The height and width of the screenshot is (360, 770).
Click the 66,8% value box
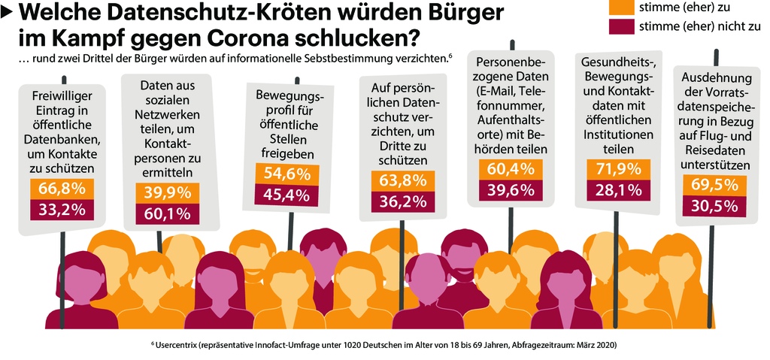(62, 188)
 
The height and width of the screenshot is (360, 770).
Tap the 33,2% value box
(62, 210)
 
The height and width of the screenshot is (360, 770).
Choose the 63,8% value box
(405, 181)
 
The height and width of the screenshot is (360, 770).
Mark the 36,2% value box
(405, 203)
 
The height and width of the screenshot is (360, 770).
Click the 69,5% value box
(715, 184)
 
